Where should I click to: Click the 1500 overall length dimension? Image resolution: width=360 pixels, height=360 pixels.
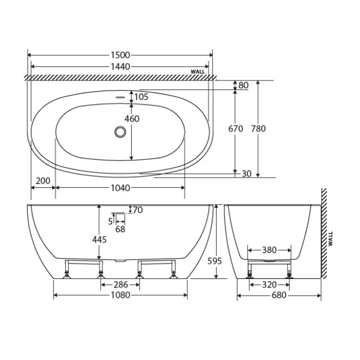pos(120,55)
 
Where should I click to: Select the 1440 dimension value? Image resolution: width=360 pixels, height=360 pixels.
pos(120,66)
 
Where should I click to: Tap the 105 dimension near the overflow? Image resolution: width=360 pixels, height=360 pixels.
pos(142,97)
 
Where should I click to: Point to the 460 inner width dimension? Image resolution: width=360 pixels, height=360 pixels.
pos(132,119)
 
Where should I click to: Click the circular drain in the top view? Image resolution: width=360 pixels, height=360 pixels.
pos(120,132)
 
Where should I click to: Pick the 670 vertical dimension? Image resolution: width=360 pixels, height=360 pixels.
pos(236,129)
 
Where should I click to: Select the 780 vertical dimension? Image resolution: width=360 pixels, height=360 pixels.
pos(258,129)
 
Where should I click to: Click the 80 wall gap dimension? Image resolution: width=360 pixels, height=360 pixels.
pos(244,85)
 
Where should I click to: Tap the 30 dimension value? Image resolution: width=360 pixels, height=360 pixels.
pos(246,174)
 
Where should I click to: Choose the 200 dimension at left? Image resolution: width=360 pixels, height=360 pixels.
pos(42,181)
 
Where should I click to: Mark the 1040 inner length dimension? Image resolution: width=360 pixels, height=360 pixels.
pos(120,187)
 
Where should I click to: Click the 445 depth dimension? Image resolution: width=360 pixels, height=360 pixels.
pos(99,238)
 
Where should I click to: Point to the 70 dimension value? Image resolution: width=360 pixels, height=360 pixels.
pos(138,210)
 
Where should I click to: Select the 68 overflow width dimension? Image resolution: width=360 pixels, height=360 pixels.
pos(120,229)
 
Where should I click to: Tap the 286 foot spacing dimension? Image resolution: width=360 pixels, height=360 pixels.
pos(120,285)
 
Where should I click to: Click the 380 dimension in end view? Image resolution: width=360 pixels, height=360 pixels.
pos(269,250)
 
